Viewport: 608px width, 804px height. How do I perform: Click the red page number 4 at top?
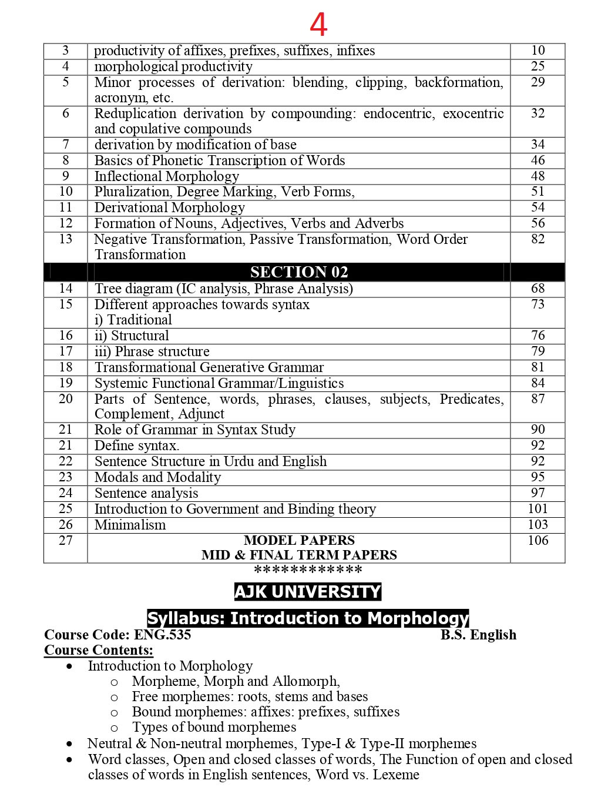click(x=318, y=25)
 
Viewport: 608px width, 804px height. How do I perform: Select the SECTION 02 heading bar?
click(x=299, y=272)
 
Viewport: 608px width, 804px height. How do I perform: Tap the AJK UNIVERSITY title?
click(x=307, y=591)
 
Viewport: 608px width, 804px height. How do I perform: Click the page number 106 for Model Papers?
click(x=538, y=540)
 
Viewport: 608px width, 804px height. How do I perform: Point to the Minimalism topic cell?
click(x=130, y=525)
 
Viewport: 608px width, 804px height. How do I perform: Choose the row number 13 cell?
click(x=66, y=239)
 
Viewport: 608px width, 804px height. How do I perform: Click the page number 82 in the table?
click(x=538, y=239)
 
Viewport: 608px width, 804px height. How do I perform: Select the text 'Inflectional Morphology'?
click(x=167, y=176)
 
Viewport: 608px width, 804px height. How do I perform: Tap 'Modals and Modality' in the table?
click(x=157, y=477)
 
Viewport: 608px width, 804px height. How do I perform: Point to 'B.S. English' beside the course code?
click(x=478, y=635)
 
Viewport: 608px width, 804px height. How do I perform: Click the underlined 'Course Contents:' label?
click(x=99, y=650)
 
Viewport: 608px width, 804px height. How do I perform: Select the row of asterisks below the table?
click(x=307, y=569)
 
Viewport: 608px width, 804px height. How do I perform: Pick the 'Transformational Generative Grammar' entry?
click(x=209, y=367)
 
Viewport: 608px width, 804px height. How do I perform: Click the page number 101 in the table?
click(x=538, y=509)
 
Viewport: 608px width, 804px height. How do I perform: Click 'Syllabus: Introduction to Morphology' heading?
click(x=308, y=618)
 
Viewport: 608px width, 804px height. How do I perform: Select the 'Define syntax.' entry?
click(x=137, y=445)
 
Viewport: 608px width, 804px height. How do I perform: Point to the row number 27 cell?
click(x=66, y=541)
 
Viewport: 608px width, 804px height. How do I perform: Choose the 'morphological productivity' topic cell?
click(x=173, y=66)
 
